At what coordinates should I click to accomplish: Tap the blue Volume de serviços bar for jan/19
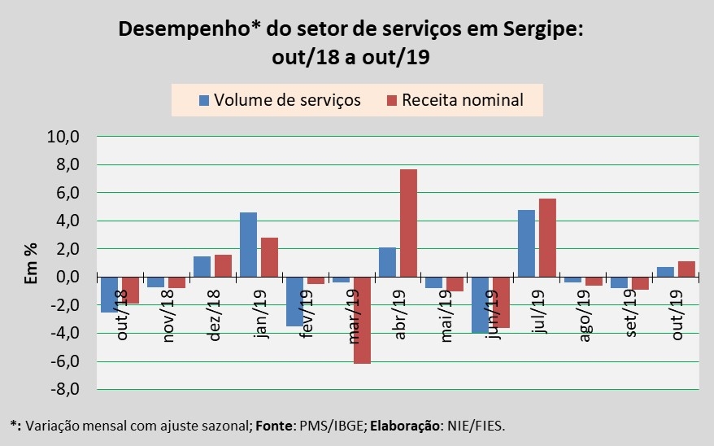coord(248,244)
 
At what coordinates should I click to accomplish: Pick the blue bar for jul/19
coord(527,243)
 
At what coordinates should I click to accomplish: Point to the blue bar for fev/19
coord(294,301)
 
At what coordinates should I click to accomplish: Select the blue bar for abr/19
coord(387,262)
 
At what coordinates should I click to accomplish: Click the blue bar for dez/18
coord(202,266)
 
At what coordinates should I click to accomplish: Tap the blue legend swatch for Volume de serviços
coord(204,101)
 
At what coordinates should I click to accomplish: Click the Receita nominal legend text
coord(462,100)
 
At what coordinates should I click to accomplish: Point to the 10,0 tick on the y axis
coord(63,137)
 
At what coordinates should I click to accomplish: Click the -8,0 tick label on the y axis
coord(63,389)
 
